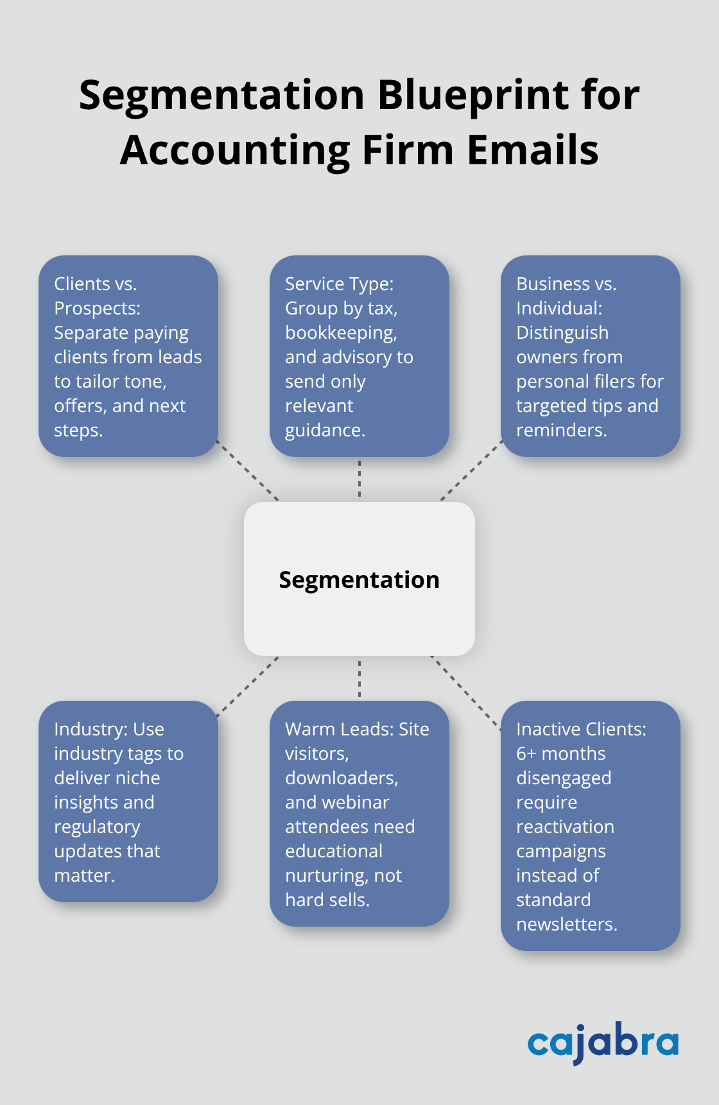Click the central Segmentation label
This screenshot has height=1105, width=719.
coord(359,580)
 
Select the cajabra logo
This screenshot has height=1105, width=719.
coord(603,1042)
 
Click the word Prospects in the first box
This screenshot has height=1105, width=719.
coord(96,309)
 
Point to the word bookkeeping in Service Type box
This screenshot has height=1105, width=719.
coord(340,333)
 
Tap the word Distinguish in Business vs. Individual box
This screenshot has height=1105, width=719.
coord(562,333)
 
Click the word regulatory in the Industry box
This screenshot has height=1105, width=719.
coord(97,827)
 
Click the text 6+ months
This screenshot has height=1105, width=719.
coord(560,754)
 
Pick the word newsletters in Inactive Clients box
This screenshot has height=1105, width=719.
coord(566,925)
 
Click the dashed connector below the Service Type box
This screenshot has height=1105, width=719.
coord(359,479)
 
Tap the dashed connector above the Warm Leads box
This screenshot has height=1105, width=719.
coord(359,678)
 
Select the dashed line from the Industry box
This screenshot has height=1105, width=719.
coord(248,686)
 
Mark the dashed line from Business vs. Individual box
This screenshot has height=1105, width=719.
coord(471,470)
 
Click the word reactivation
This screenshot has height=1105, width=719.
coord(565,827)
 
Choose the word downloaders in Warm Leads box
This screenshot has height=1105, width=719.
coord(341,778)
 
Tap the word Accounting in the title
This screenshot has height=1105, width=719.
coord(234,150)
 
